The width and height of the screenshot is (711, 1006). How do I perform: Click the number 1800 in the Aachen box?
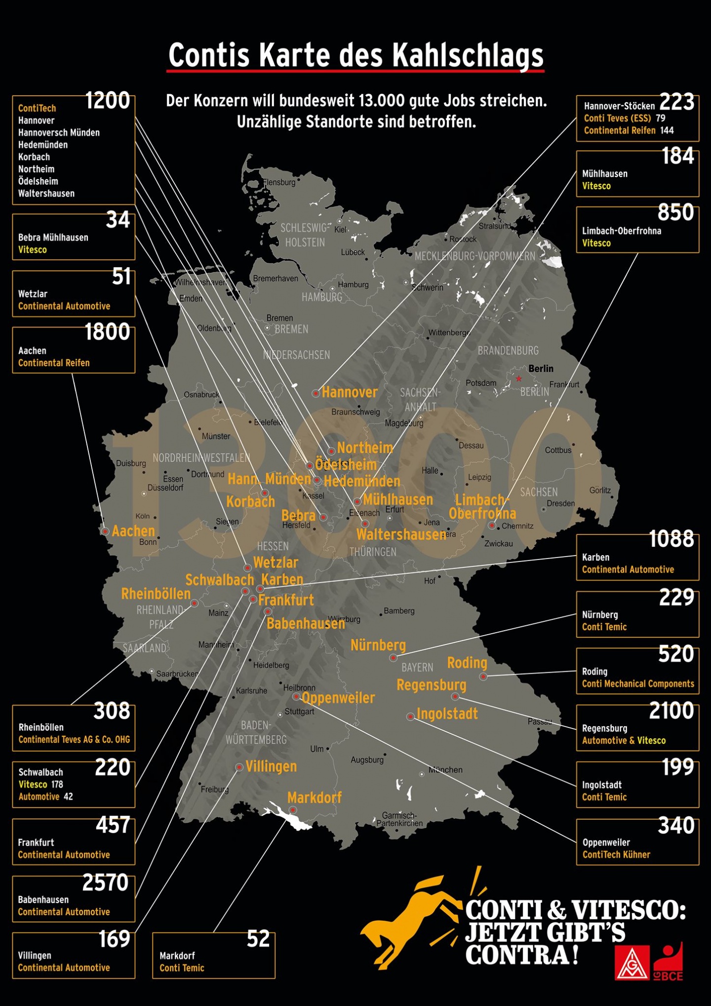tap(107, 332)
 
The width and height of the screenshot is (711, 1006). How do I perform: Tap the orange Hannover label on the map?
tap(350, 392)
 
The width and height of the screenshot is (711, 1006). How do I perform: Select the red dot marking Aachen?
tap(105, 531)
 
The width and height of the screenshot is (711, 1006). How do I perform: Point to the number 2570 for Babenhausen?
tap(105, 883)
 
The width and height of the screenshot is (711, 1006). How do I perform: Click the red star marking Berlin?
tap(518, 379)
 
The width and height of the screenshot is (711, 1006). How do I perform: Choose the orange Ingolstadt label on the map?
tap(447, 714)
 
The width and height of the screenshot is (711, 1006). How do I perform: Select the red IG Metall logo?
tap(632, 963)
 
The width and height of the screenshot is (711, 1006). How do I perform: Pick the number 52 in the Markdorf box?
tap(258, 939)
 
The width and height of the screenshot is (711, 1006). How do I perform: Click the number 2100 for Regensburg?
tap(671, 711)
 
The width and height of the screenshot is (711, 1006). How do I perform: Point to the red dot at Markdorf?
tap(293, 810)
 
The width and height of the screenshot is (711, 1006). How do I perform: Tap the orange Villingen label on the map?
tap(271, 766)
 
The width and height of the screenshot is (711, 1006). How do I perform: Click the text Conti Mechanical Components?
tap(638, 684)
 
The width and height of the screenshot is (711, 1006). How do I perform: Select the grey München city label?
tap(445, 769)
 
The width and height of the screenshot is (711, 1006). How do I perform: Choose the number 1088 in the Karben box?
tap(671, 539)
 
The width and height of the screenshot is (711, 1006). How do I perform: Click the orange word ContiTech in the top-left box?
tap(37, 108)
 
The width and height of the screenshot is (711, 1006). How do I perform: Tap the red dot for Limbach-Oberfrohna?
tap(492, 525)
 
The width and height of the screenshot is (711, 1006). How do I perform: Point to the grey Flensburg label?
tap(279, 182)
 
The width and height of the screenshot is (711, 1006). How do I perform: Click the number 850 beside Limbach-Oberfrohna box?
tap(675, 213)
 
